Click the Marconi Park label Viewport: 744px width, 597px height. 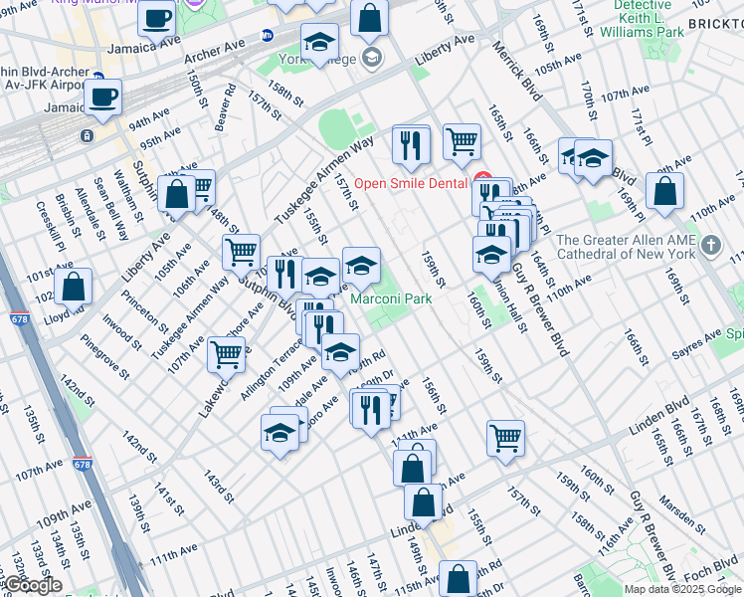(x=390, y=298)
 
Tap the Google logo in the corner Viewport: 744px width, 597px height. (x=33, y=585)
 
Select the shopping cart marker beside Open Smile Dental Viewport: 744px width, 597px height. (x=462, y=142)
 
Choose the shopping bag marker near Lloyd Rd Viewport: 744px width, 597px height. (x=74, y=287)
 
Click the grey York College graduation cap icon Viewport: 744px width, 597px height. (x=372, y=56)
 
